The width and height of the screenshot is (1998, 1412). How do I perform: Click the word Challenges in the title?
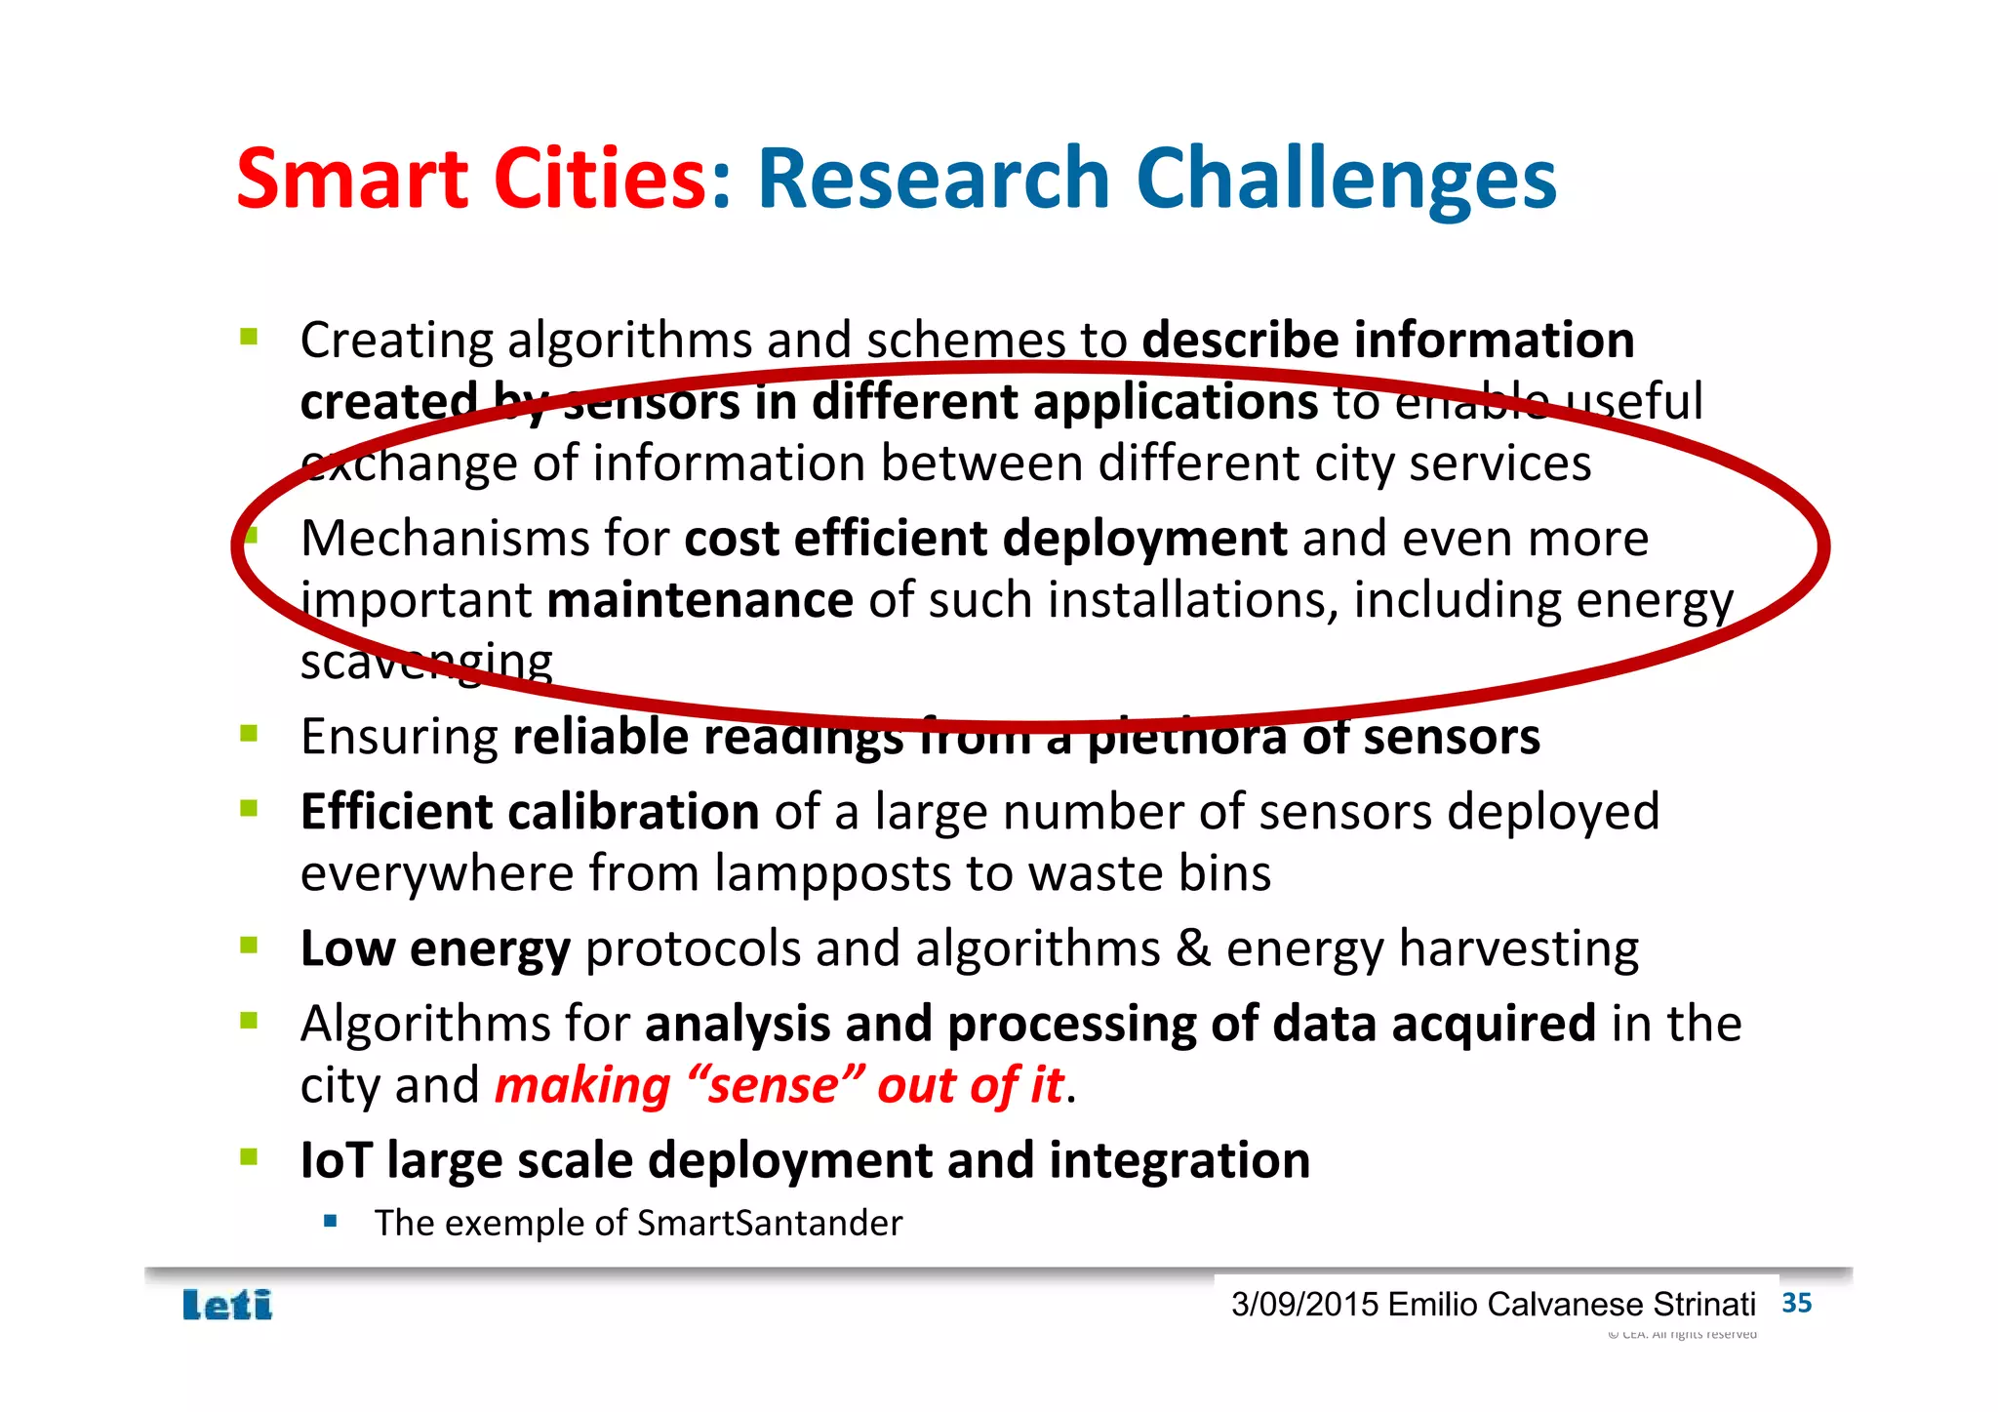point(1346,181)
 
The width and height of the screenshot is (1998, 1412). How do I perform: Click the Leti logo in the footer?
point(227,1305)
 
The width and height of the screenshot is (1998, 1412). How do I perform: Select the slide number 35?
point(1796,1303)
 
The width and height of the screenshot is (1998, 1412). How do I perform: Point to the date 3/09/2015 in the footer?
point(1304,1304)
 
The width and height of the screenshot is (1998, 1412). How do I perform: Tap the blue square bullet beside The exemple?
point(331,1221)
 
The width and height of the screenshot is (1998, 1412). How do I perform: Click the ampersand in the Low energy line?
point(1193,948)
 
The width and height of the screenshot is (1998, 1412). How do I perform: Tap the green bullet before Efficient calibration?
point(249,808)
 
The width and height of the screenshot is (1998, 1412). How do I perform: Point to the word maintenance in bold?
point(699,599)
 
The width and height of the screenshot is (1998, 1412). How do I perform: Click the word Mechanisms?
point(445,539)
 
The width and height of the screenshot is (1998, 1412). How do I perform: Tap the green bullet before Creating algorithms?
point(249,338)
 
